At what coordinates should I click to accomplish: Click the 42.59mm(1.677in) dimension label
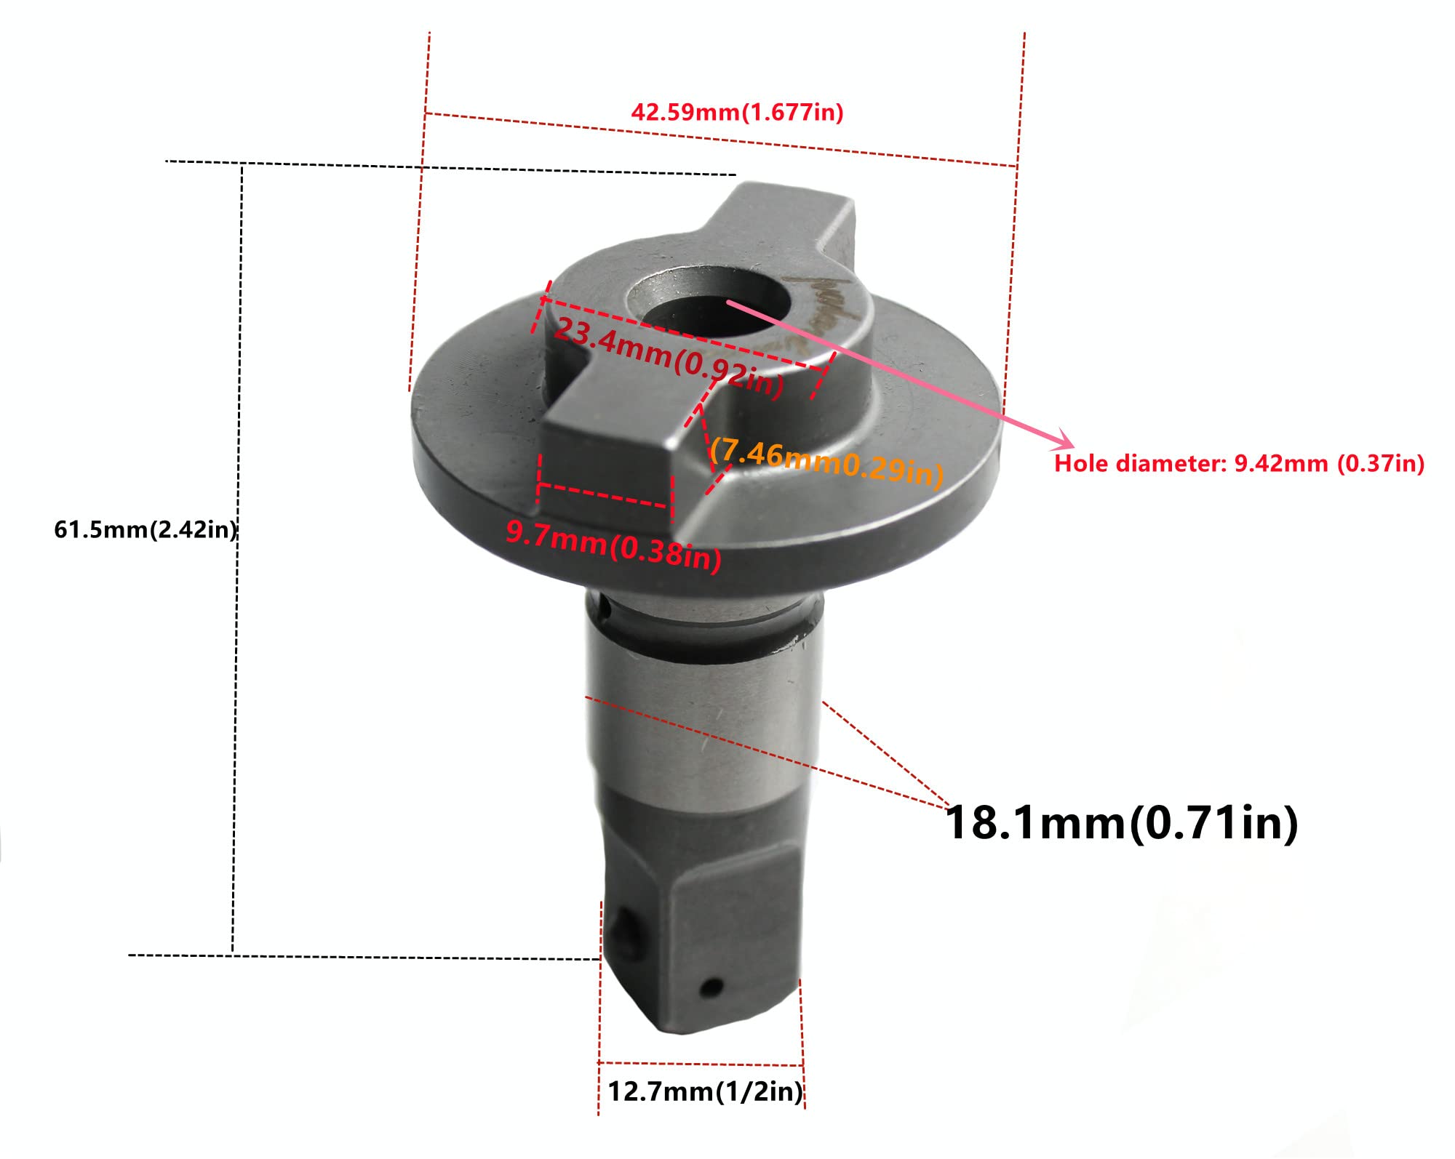click(x=736, y=113)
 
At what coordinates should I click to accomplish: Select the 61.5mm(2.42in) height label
click(x=145, y=529)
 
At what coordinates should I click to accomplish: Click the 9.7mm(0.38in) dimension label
click(x=613, y=545)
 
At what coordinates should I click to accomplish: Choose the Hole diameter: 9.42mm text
click(x=1238, y=463)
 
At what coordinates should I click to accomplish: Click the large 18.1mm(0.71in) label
click(x=1121, y=823)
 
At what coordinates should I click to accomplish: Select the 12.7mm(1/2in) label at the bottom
click(x=704, y=1091)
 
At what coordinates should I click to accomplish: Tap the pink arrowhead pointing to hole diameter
click(x=1064, y=438)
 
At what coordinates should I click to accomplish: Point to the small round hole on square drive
click(x=711, y=987)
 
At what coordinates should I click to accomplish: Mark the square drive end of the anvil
click(x=702, y=938)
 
